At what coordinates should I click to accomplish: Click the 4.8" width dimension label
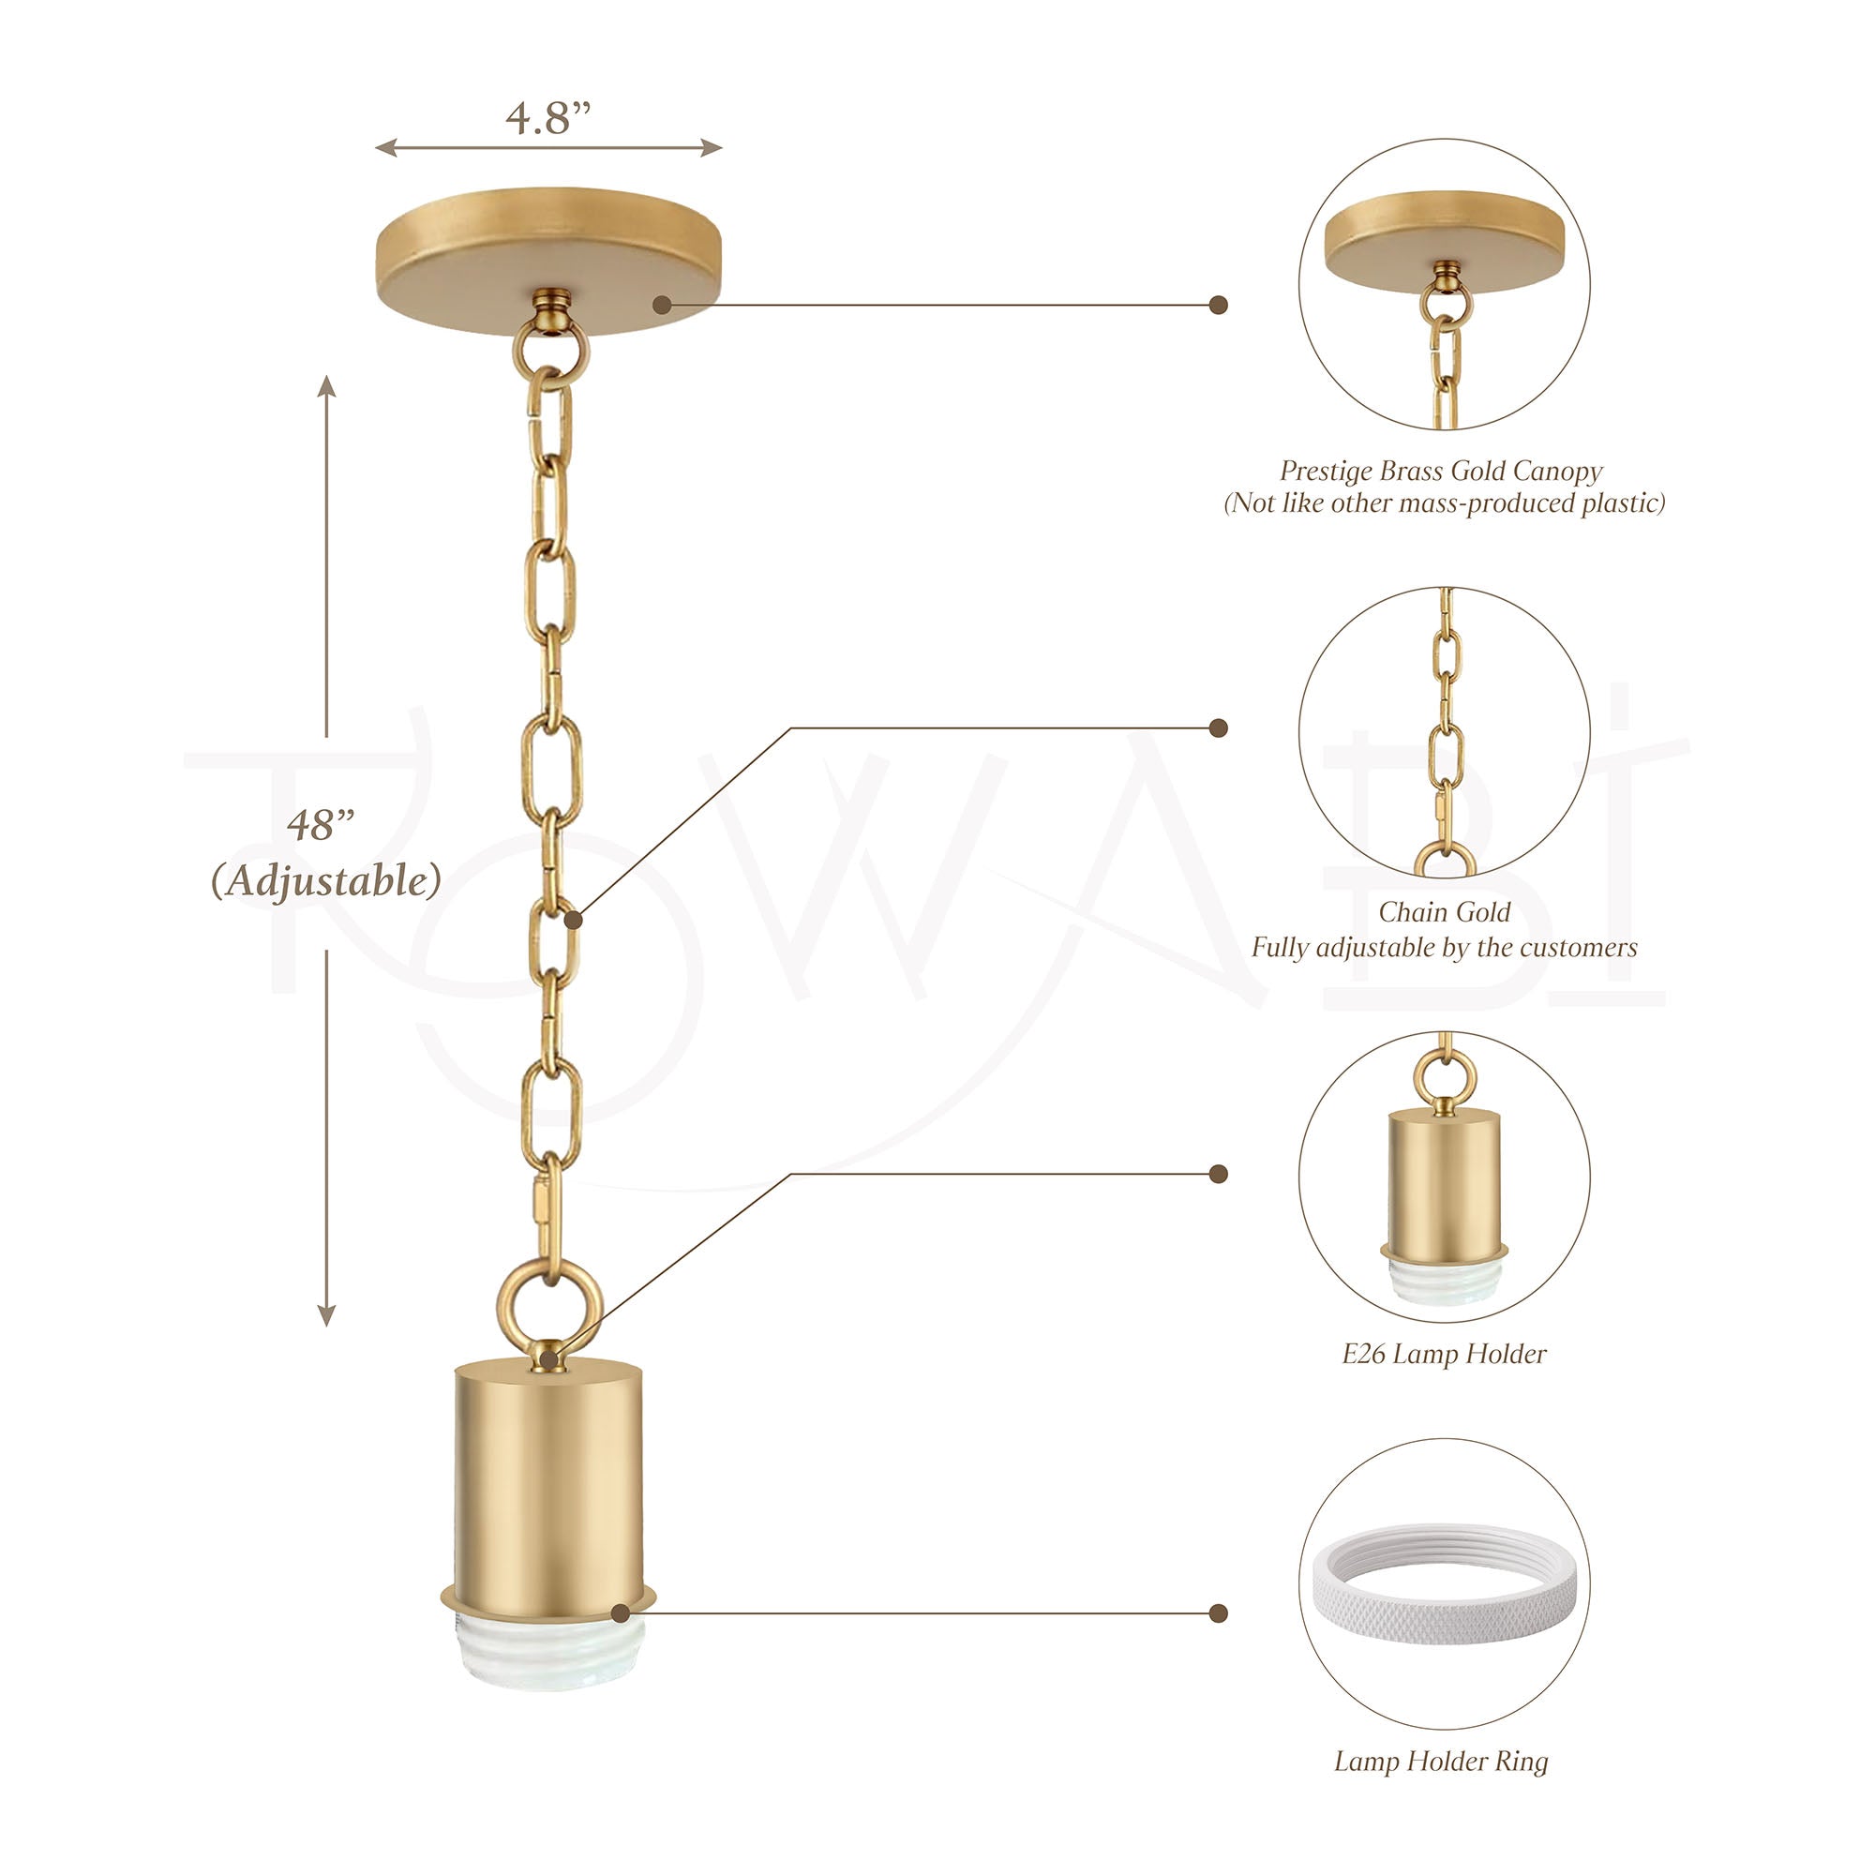click(x=548, y=118)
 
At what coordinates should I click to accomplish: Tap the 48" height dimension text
click(x=322, y=825)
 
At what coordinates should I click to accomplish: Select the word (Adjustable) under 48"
click(x=326, y=881)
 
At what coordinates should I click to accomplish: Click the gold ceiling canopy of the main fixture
click(x=548, y=260)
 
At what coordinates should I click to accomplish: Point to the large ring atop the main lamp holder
click(x=549, y=1301)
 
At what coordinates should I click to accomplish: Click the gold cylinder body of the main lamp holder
click(x=549, y=1490)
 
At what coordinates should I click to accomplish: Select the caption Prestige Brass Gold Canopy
click(x=1441, y=472)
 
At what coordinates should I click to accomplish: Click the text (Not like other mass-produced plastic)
click(x=1444, y=502)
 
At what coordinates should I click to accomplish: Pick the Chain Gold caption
click(x=1444, y=912)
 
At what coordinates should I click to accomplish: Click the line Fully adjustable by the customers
click(x=1444, y=947)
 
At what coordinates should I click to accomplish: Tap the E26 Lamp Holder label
click(x=1444, y=1354)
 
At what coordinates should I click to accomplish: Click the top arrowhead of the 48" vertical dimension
click(x=327, y=386)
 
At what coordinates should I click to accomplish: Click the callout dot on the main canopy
click(x=662, y=305)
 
